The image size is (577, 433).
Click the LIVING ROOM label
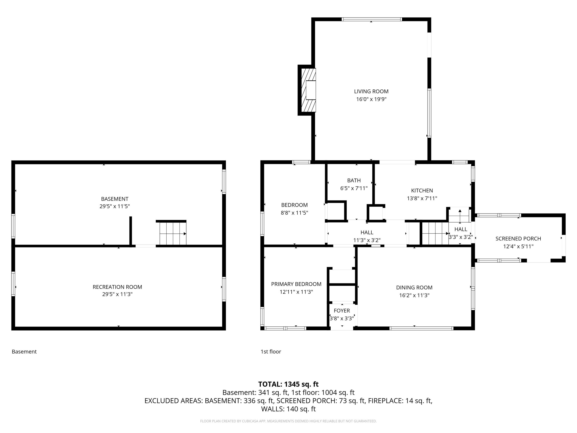click(371, 91)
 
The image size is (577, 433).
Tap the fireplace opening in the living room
click(311, 90)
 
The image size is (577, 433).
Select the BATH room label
click(354, 180)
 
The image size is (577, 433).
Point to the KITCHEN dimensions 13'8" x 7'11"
click(422, 198)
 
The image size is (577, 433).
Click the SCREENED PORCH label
click(518, 239)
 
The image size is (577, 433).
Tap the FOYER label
click(342, 311)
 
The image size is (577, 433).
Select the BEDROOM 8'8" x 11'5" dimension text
click(294, 213)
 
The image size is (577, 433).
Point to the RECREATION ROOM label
click(117, 287)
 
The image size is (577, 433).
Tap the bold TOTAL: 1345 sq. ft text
click(288, 384)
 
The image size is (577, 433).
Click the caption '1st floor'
click(271, 352)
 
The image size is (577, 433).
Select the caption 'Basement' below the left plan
click(24, 352)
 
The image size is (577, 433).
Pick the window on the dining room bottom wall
click(421, 328)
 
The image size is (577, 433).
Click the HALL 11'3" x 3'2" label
click(367, 236)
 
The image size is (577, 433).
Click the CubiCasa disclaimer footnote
click(288, 421)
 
